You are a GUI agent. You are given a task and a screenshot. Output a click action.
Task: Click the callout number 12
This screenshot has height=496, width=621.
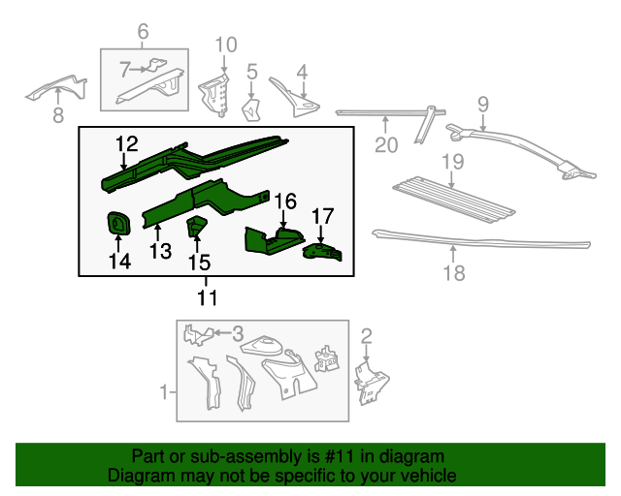[126, 145]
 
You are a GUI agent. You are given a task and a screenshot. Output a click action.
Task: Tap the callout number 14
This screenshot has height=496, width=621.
[118, 262]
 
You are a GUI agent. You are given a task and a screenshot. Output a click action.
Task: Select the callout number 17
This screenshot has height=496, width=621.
[322, 216]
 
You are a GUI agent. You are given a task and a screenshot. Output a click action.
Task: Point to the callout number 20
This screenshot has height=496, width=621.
[386, 145]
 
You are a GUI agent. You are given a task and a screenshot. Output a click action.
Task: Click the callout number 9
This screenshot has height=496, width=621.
[482, 104]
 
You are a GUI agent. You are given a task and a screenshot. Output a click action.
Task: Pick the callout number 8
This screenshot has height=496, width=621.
[57, 116]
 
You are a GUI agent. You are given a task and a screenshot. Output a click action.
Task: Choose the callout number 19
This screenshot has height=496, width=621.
[453, 162]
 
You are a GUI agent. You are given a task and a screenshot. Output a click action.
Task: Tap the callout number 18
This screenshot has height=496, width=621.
[453, 273]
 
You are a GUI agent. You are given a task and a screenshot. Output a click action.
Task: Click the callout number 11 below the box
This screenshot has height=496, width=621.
[207, 297]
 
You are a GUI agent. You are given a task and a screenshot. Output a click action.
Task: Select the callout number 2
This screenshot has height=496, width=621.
[366, 336]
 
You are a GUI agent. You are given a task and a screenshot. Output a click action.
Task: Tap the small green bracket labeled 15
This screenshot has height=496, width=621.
[196, 227]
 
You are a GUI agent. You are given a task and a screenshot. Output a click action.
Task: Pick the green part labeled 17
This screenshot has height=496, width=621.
[323, 252]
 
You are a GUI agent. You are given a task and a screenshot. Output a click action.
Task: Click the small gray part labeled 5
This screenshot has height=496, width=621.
[249, 108]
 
